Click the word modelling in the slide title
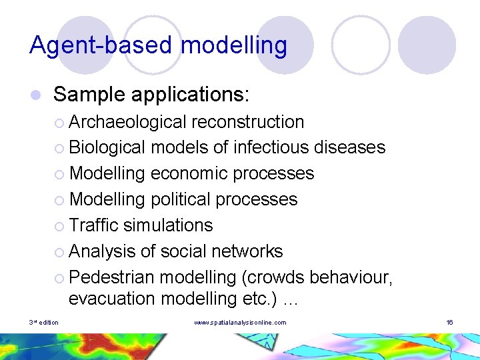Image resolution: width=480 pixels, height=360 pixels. pyautogui.click(x=234, y=45)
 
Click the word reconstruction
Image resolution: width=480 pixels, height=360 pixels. pyautogui.click(x=247, y=122)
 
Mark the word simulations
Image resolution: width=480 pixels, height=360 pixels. pyautogui.click(x=167, y=225)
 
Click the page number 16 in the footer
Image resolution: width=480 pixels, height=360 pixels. pyautogui.click(x=449, y=323)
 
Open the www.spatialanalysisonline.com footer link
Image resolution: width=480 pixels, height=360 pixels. pyautogui.click(x=240, y=323)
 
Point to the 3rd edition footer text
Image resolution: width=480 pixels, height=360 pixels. pyautogui.click(x=44, y=323)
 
